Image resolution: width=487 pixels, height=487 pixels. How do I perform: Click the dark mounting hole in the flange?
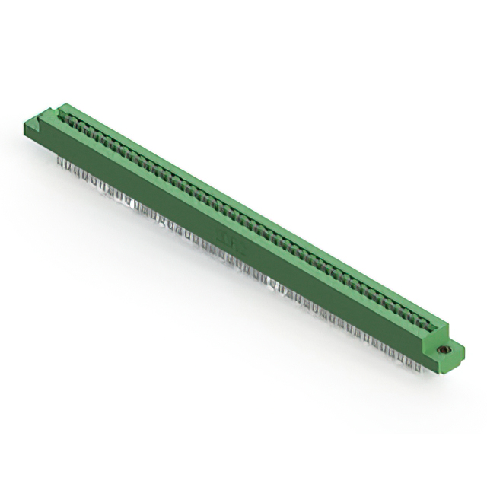tap(441, 350)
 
